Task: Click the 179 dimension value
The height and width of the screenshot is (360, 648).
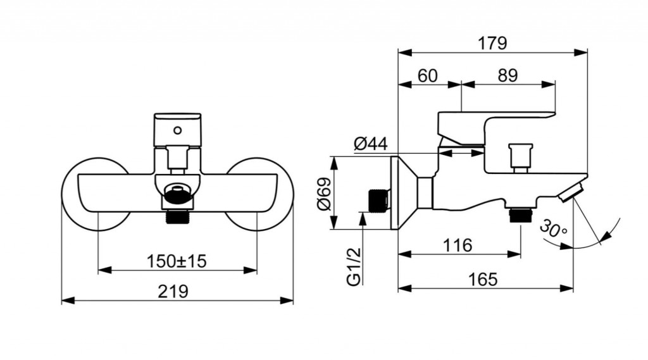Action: (492, 43)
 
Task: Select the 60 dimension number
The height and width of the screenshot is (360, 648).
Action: (427, 76)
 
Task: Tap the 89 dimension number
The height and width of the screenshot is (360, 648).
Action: (508, 76)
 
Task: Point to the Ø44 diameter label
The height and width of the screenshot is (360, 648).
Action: (371, 144)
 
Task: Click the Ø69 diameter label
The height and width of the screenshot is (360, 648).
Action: (325, 194)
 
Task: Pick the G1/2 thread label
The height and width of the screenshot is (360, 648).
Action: (354, 266)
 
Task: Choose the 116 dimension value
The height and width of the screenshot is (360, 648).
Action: (458, 245)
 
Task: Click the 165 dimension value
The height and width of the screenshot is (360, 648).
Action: (483, 280)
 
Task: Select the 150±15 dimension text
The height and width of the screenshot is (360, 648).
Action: (177, 261)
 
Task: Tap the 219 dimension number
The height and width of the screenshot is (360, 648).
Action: (173, 292)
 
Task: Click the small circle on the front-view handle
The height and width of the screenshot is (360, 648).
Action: (177, 130)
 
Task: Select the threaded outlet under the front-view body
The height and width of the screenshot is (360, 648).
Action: (178, 216)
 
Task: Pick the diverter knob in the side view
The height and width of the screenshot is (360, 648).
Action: (520, 157)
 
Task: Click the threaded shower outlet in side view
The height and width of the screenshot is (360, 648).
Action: (521, 215)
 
